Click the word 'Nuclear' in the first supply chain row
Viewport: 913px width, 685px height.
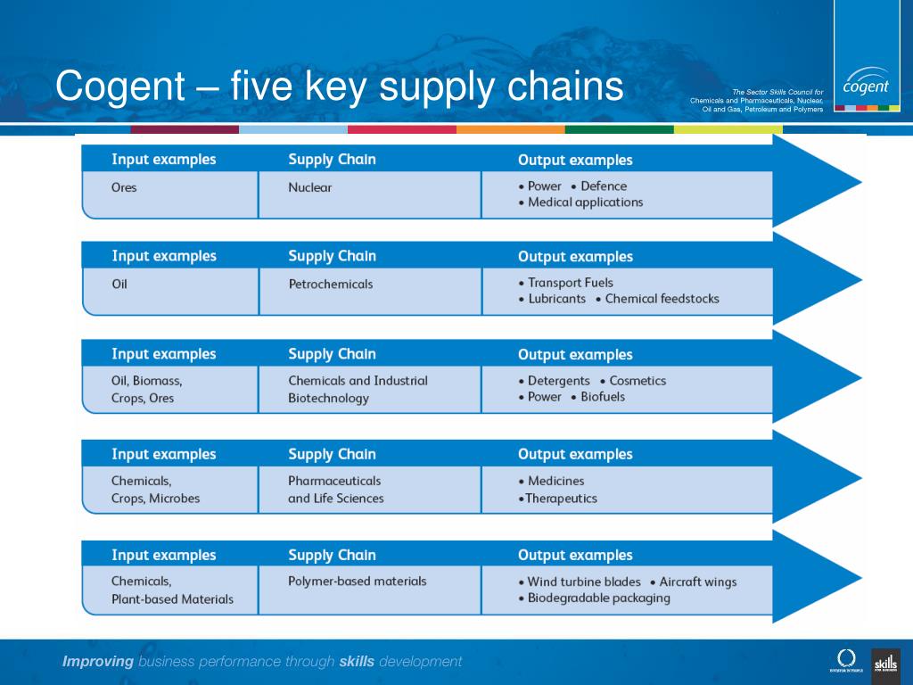tap(309, 187)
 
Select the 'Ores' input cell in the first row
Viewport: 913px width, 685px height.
tap(124, 187)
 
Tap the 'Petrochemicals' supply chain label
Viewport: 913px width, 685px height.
tap(331, 284)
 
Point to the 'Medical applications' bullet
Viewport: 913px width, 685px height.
tap(585, 202)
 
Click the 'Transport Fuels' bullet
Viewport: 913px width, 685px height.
tap(571, 283)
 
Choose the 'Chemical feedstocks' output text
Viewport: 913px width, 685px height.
tap(662, 299)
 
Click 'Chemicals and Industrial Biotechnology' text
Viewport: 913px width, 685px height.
tap(357, 389)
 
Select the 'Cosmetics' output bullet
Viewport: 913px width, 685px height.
tap(637, 380)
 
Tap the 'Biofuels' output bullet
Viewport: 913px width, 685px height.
tap(603, 397)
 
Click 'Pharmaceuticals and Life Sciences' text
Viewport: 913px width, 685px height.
tap(335, 490)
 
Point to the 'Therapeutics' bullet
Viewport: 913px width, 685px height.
tap(561, 499)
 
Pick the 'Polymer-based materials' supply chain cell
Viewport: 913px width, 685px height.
tap(357, 582)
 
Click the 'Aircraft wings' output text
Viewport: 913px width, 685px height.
tap(698, 582)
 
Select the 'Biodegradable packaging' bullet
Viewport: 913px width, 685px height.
tap(598, 598)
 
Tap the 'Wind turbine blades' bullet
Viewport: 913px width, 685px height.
tap(584, 582)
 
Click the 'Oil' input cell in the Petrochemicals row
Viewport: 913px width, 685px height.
tap(119, 284)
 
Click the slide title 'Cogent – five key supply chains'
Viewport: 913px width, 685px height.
tap(339, 87)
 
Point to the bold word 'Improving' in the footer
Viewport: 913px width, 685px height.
tap(97, 661)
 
